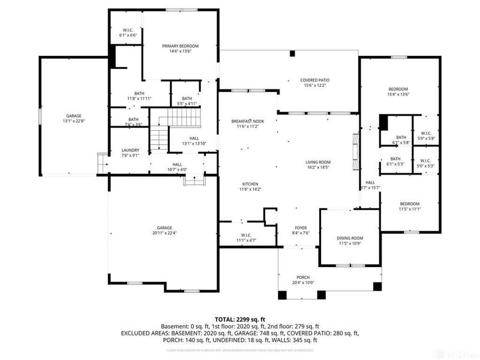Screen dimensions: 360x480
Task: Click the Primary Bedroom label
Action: click(x=180, y=46)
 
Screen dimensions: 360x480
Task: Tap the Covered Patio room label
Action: click(x=315, y=80)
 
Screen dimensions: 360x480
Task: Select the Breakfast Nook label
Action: click(x=248, y=121)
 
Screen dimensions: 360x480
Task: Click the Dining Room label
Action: click(x=350, y=238)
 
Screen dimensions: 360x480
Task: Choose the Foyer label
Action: click(x=301, y=228)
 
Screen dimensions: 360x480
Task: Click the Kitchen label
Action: click(x=250, y=184)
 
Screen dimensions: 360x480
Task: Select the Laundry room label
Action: click(x=130, y=151)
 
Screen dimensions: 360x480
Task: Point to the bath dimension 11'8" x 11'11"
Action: click(x=139, y=98)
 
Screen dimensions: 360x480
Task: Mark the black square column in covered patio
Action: click(x=293, y=54)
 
